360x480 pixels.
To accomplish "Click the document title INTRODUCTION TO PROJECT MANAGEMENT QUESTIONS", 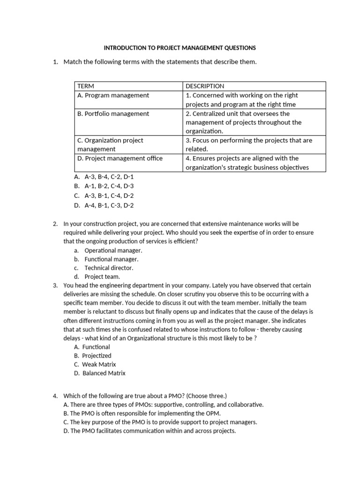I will (180, 48).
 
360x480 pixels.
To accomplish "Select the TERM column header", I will (86, 86).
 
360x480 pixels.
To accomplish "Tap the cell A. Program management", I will (113, 95).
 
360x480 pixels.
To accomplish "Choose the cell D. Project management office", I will (120, 158).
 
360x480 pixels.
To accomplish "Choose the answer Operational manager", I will (113, 250).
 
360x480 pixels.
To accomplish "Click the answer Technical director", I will (109, 268).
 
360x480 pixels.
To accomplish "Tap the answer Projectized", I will (97, 356).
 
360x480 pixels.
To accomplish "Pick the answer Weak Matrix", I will (99, 365).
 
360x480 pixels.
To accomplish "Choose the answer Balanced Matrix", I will (104, 374).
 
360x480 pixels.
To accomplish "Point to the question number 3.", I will (55, 285).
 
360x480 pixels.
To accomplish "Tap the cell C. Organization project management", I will (110, 144).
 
